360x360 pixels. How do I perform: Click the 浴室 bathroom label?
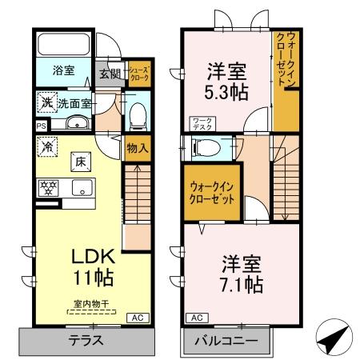pos(65,71)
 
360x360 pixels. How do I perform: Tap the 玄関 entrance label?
pos(110,74)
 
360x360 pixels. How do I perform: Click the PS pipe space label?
pos(41,126)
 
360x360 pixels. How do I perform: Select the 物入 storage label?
pos(136,147)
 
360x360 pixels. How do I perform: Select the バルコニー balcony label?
pos(229,341)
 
